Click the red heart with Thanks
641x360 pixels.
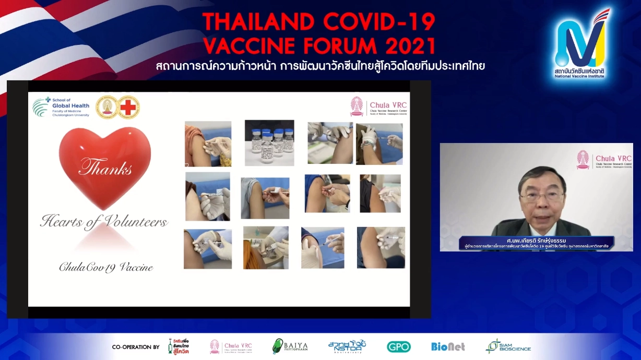point(105,166)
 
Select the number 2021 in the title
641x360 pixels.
point(409,46)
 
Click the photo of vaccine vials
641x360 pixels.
point(269,142)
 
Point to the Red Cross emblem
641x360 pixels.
point(128,107)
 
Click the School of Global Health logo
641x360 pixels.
point(61,106)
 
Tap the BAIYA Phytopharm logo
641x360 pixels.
point(290,346)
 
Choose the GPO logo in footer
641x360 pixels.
point(398,346)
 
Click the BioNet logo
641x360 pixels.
point(448,346)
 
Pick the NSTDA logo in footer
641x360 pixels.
point(347,346)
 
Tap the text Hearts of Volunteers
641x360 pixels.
point(104,222)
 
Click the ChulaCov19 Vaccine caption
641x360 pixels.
point(105,267)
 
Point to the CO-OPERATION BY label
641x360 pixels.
point(136,347)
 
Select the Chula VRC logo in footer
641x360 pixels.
point(231,346)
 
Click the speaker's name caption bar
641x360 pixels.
point(536,243)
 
